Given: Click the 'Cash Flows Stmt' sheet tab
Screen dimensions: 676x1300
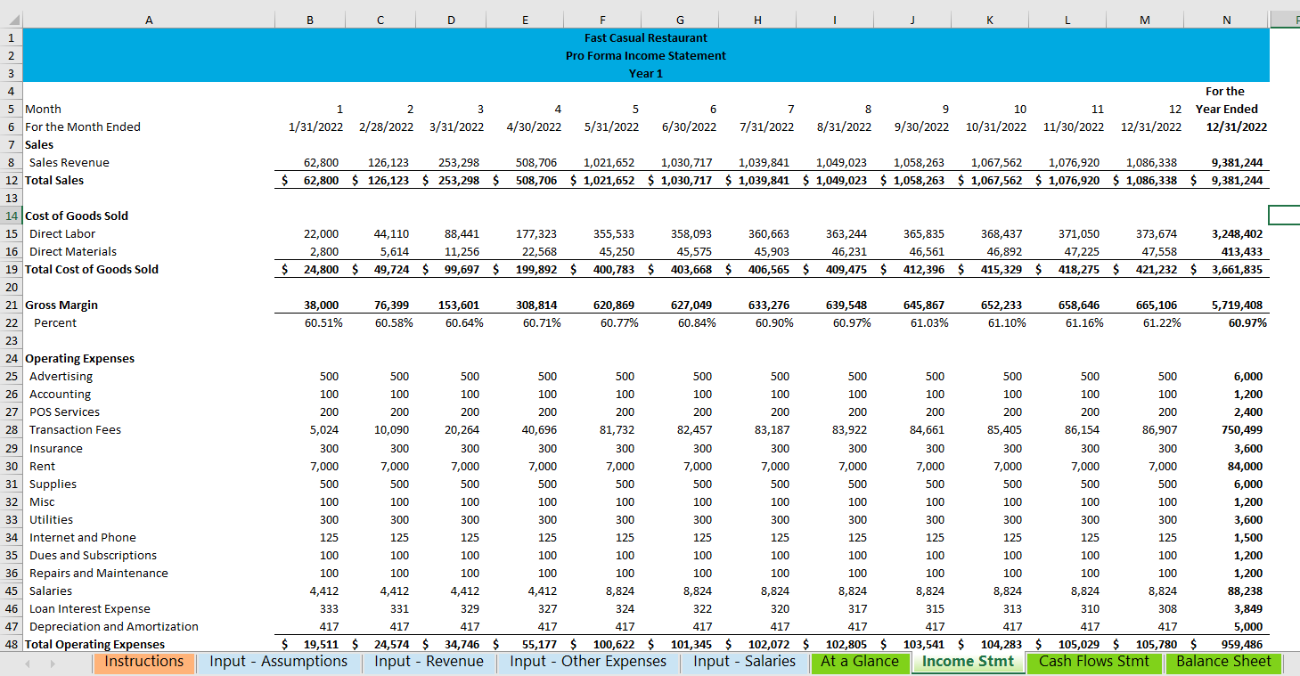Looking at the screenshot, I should click(x=1094, y=662).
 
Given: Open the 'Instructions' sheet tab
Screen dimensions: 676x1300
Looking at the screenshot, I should click(x=143, y=662).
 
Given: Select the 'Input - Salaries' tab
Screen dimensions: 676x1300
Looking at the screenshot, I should click(x=744, y=662).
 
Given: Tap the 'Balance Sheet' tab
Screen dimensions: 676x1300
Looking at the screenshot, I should click(x=1223, y=662).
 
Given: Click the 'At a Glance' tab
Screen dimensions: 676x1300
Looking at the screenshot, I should click(x=859, y=662).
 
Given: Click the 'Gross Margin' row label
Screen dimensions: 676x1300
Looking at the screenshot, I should click(x=61, y=305).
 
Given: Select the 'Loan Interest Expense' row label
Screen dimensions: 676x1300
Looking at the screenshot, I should click(x=89, y=609).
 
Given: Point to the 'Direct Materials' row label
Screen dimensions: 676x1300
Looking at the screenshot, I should click(x=73, y=252).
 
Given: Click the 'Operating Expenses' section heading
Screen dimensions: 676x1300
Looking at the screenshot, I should click(x=80, y=359).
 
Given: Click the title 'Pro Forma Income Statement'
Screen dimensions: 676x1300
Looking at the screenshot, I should click(x=645, y=55).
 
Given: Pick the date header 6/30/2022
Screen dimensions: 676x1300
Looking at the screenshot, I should click(x=689, y=126).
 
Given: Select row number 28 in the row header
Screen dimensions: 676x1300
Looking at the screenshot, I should click(x=12, y=430).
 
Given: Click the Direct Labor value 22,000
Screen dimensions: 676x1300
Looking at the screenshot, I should click(x=322, y=234).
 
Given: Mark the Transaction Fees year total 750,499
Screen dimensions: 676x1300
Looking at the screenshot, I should click(x=1241, y=430).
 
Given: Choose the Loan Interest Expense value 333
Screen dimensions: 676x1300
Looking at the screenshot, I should click(x=329, y=609).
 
